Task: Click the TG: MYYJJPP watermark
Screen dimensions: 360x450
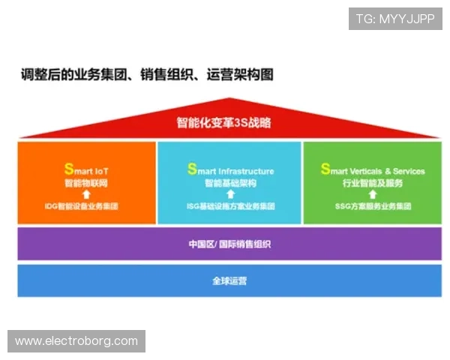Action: (394, 19)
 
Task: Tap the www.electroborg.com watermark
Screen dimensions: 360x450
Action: (77, 341)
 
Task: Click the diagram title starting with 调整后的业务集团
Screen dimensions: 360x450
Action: (147, 75)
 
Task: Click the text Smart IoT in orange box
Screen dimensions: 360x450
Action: (86, 170)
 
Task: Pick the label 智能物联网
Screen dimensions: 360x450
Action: (86, 182)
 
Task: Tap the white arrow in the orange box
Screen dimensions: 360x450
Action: (86, 193)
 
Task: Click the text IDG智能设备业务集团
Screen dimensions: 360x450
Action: (86, 205)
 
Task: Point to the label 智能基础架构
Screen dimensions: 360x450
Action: (230, 182)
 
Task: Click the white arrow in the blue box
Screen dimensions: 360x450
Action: (230, 193)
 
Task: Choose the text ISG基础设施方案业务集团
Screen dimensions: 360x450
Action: (230, 205)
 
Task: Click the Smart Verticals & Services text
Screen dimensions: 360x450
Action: (373, 170)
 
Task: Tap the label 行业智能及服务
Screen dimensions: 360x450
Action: (373, 182)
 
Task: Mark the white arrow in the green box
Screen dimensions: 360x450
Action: (373, 193)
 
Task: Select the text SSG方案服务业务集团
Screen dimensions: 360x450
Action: (373, 205)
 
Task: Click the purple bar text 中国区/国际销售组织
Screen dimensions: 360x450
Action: (229, 244)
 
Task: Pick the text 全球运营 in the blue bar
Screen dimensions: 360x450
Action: (229, 281)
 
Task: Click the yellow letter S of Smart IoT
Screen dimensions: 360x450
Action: (67, 169)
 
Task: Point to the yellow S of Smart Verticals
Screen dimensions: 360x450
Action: (325, 169)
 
